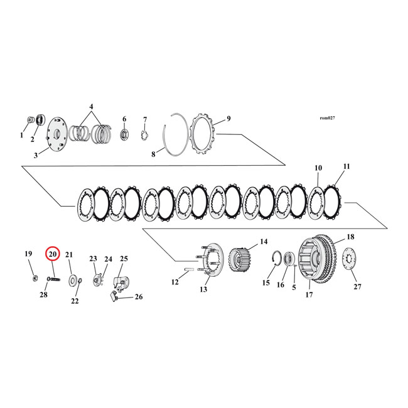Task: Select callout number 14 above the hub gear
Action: [x=263, y=241]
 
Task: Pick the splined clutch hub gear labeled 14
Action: [x=241, y=258]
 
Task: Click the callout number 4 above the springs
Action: [x=92, y=107]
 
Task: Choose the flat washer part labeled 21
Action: [x=73, y=279]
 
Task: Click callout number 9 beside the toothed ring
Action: [x=228, y=118]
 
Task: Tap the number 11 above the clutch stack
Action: [x=347, y=166]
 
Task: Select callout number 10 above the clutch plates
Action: [x=318, y=168]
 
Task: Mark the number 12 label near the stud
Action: [x=175, y=282]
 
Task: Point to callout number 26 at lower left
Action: [x=139, y=297]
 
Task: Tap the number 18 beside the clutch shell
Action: [x=350, y=237]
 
